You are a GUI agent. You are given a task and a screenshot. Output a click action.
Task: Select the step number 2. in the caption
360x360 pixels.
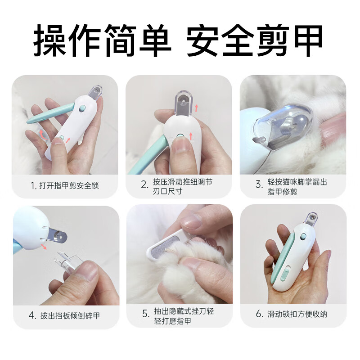tap(144, 184)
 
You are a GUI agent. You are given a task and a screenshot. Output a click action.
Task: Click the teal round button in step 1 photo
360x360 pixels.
tap(81, 109)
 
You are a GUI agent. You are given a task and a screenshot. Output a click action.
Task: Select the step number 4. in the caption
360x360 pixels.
tap(32, 315)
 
